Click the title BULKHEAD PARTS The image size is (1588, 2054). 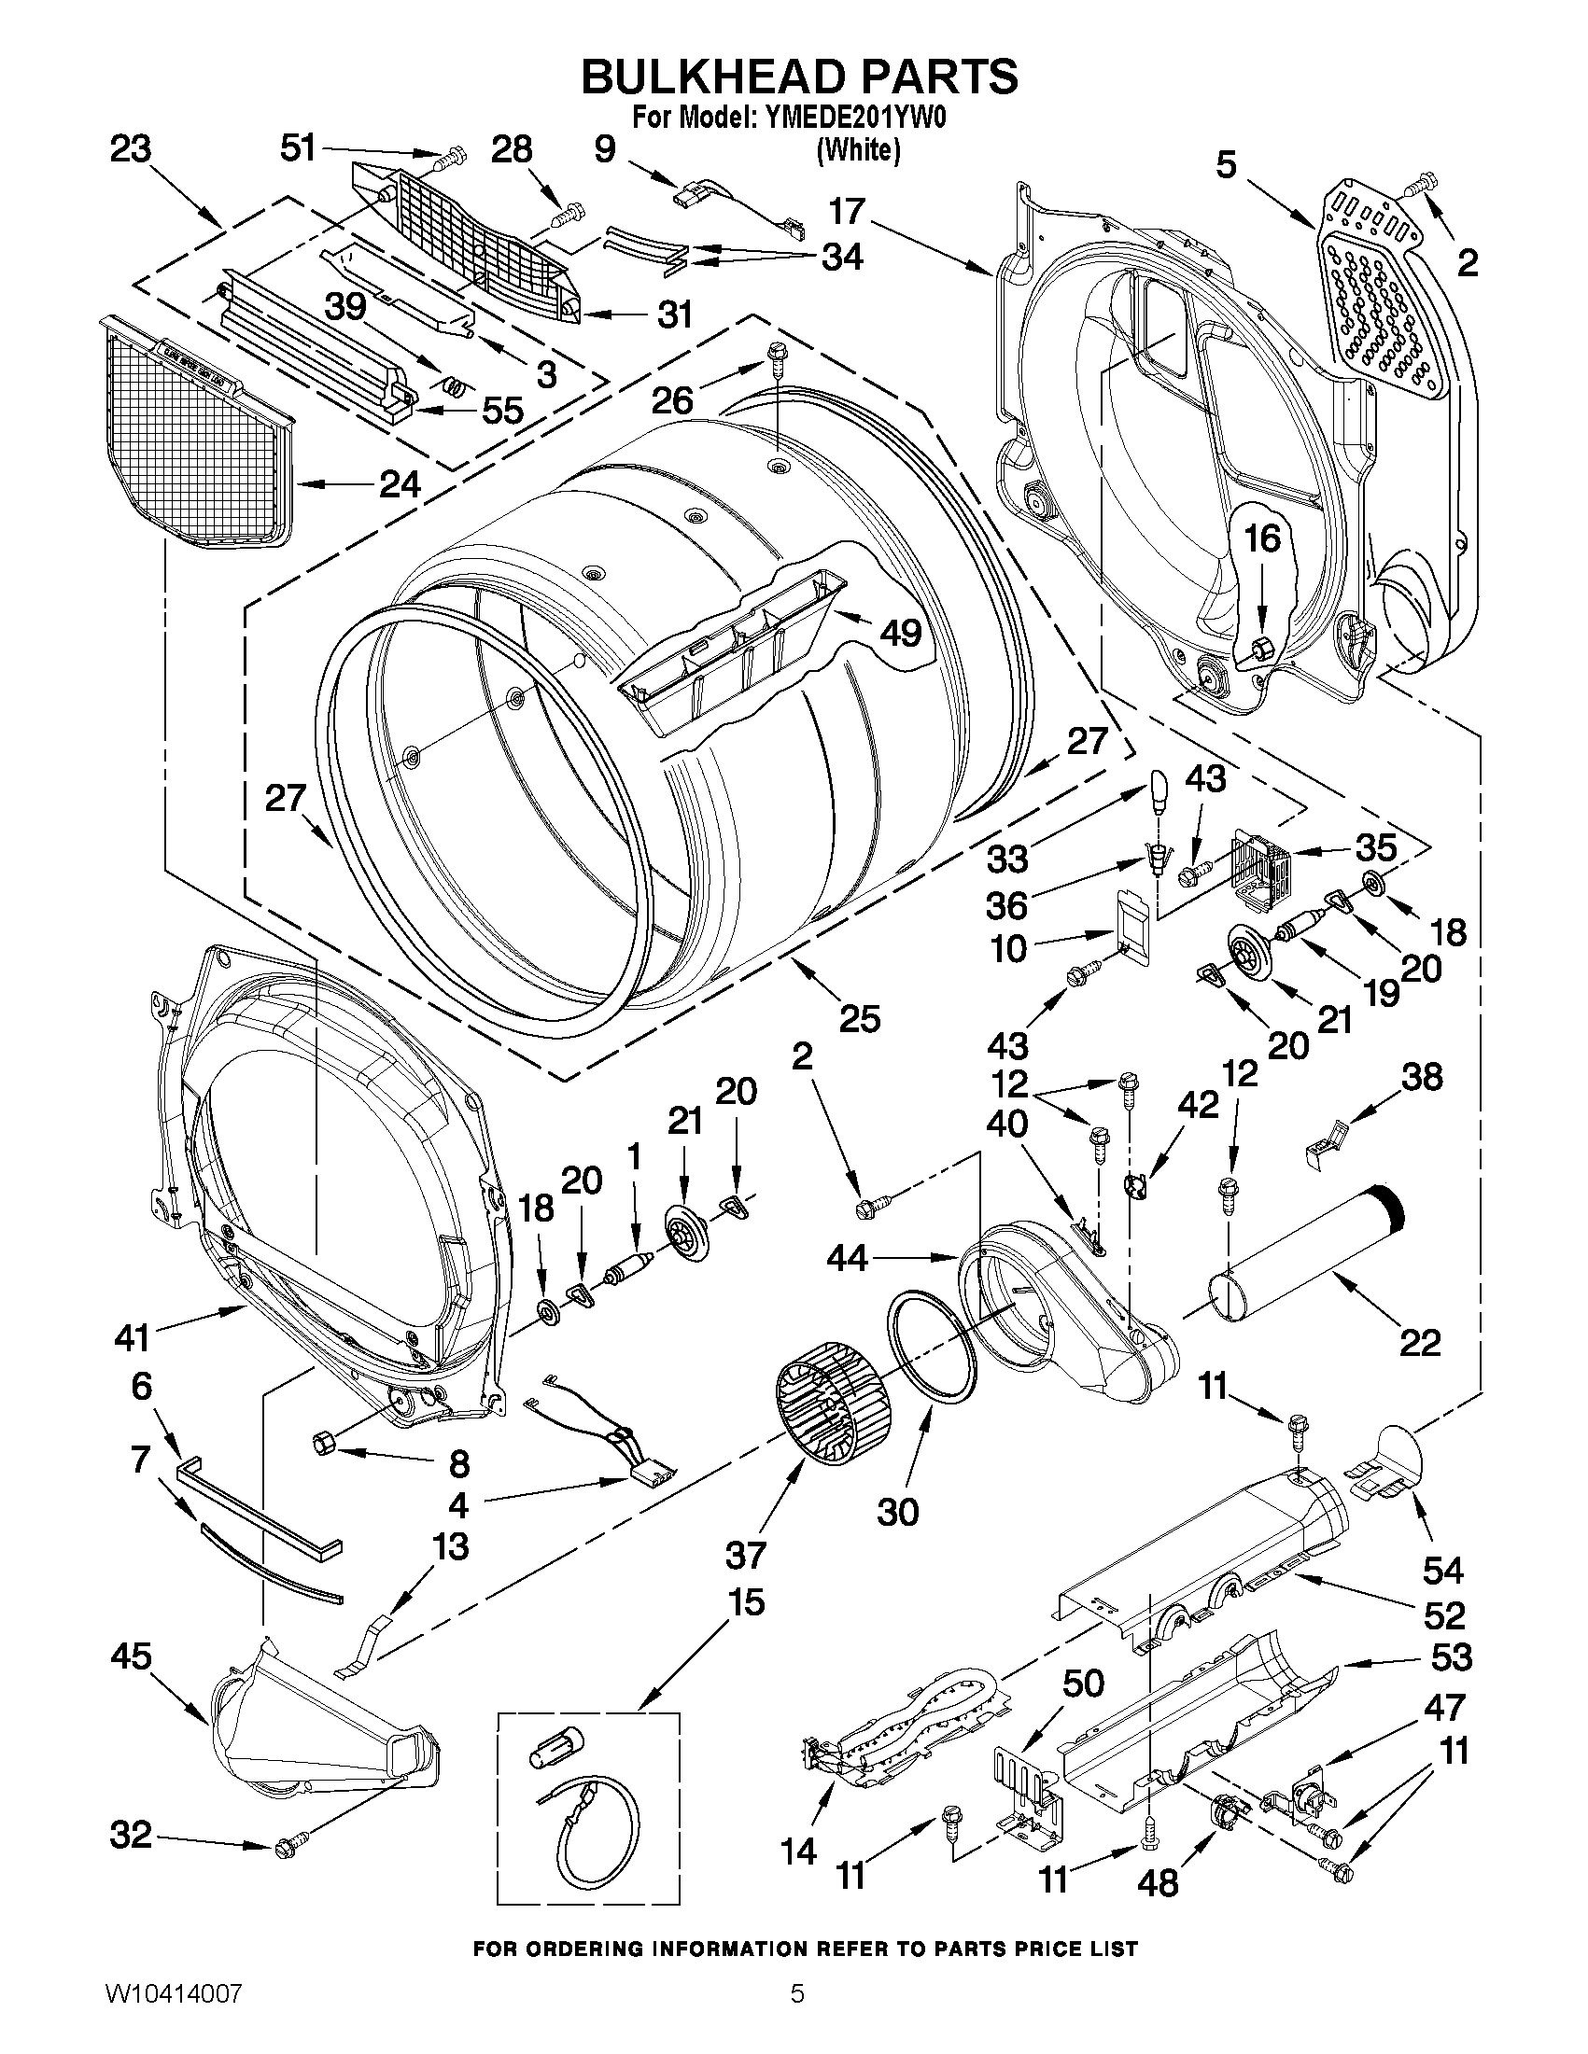[799, 77]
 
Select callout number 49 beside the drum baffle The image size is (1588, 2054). [899, 633]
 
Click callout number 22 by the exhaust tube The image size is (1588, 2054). [1419, 1342]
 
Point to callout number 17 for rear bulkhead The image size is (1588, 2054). [846, 212]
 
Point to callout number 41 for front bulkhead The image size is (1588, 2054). [131, 1334]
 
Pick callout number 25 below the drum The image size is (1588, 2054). [859, 1018]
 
